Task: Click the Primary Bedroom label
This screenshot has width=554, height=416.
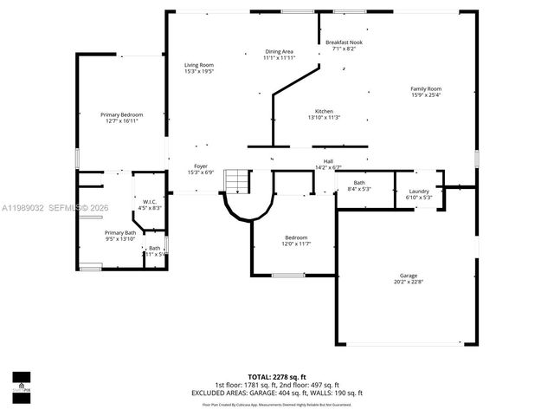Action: [x=121, y=114]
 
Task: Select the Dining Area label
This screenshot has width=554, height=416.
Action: [x=280, y=52]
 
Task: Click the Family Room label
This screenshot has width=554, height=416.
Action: [x=426, y=88]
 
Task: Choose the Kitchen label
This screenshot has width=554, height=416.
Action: [x=324, y=111]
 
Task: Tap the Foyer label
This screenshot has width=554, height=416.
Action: [x=200, y=166]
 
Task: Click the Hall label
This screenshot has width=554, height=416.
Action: [x=329, y=160]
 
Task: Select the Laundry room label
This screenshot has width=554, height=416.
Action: [x=419, y=191]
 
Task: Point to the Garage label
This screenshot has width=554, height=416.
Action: [x=409, y=275]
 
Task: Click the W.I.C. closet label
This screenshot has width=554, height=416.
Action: [x=149, y=202]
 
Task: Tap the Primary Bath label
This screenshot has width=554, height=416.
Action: [x=120, y=232]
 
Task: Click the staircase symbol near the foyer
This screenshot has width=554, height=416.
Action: [x=236, y=180]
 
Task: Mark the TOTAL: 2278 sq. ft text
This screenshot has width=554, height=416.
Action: [x=277, y=377]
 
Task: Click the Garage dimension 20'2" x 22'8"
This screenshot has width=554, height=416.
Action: [x=409, y=282]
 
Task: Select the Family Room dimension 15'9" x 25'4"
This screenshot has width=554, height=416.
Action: [x=426, y=94]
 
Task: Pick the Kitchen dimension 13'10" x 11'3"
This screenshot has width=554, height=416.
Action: [x=324, y=118]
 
